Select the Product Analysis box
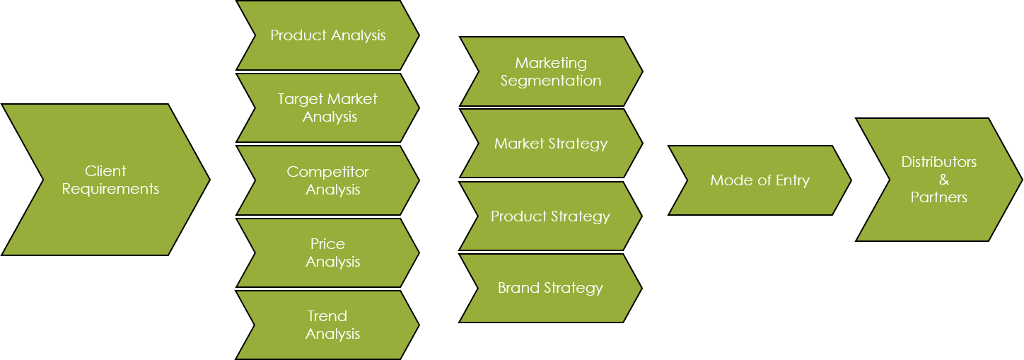point(328,35)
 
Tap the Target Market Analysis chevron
point(328,108)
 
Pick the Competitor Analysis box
point(328,180)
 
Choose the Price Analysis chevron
point(328,252)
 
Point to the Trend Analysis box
point(328,325)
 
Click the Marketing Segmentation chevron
point(551,71)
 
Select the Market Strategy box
point(551,144)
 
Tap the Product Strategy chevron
point(551,216)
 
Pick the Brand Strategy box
point(551,288)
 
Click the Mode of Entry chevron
point(760,180)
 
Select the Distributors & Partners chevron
point(939,180)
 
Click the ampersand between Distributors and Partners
point(944,180)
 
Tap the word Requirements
point(110,189)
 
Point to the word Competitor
point(327,172)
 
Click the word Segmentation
point(551,81)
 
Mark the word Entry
point(792,180)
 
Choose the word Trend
point(327,316)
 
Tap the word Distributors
point(939,162)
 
